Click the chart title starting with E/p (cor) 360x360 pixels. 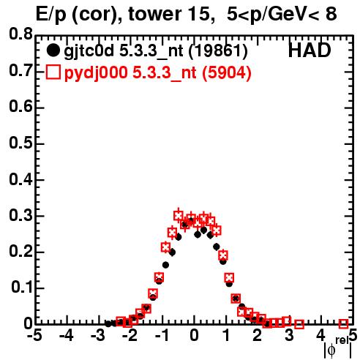coord(187,14)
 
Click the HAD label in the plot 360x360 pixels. coord(310,50)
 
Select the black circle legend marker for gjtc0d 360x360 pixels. coord(53,50)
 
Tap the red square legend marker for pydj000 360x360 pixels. coord(53,72)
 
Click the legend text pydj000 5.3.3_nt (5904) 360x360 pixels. coord(158,72)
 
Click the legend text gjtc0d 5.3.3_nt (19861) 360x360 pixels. coord(156,51)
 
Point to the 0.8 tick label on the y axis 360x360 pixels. coord(20,34)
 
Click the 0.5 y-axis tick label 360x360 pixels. coord(20,143)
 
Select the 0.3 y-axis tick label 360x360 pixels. coord(20,215)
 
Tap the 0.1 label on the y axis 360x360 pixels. coord(22,288)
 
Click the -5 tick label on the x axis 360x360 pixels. coord(34,336)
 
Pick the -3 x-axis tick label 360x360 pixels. coord(98,336)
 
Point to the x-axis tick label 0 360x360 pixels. coord(194,336)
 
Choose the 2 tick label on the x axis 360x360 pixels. coord(258,336)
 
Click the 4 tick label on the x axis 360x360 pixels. coord(320,336)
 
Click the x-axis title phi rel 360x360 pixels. coord(338,348)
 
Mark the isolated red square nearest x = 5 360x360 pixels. coord(343,323)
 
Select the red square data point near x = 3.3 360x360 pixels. coord(299,324)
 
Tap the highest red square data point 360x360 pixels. coord(179,216)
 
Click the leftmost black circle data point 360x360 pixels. coord(108,323)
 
